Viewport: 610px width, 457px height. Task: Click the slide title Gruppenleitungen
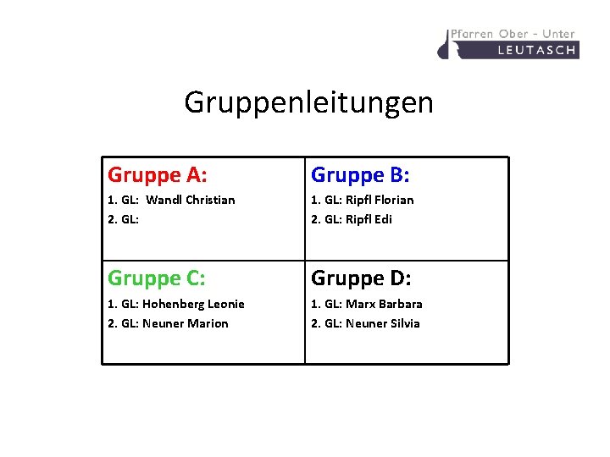tap(308, 103)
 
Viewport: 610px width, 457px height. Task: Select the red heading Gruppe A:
tap(158, 175)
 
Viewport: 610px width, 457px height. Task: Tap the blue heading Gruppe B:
tap(360, 175)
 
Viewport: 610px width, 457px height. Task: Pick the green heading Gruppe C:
tap(157, 278)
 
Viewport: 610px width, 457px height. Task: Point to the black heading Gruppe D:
tap(361, 278)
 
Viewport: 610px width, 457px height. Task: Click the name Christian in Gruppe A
tap(208, 201)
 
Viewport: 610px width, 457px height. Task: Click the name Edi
tap(383, 219)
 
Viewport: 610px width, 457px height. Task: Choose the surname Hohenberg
tap(173, 304)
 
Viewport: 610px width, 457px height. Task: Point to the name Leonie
tap(225, 304)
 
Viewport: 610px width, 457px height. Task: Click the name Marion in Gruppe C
tap(208, 323)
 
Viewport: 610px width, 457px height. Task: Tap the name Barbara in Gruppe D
tap(401, 304)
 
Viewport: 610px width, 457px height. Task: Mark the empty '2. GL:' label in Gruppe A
tap(123, 219)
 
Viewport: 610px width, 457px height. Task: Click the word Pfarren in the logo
tap(472, 34)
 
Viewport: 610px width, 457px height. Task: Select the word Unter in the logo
tap(558, 34)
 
